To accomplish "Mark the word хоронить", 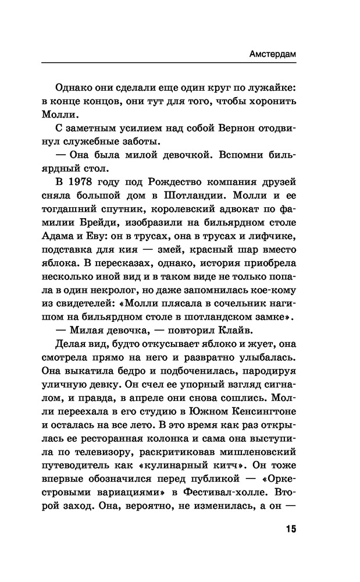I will click(x=268, y=101).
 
